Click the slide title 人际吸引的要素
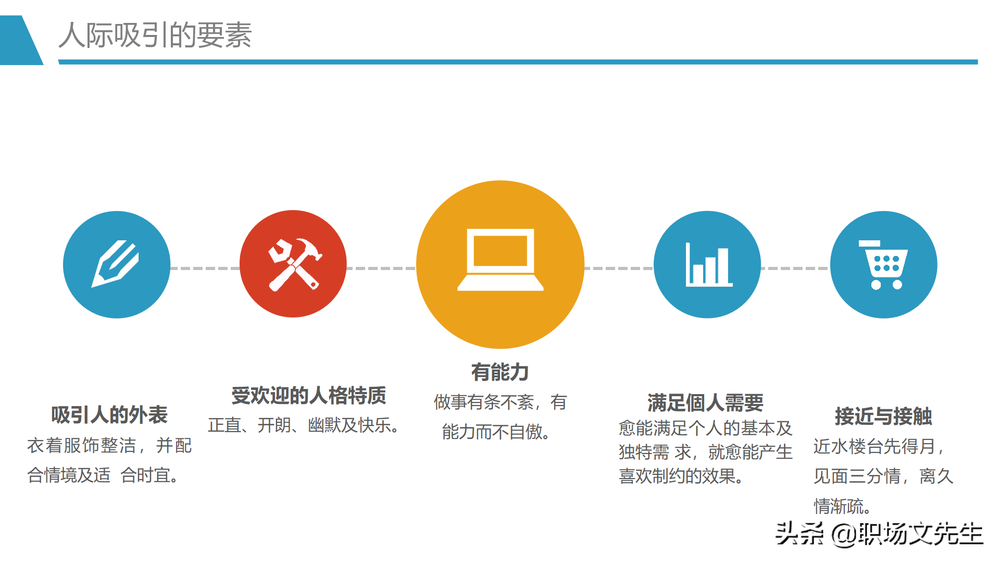tap(155, 35)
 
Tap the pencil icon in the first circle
tap(116, 264)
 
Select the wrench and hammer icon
tap(294, 264)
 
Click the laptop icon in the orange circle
tap(500, 260)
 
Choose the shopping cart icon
tap(884, 265)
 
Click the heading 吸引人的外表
tap(109, 415)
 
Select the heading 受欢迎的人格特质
tap(309, 396)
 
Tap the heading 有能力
tap(500, 372)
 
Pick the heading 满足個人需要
tap(705, 403)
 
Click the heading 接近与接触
tap(883, 416)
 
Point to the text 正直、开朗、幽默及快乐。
tap(304, 425)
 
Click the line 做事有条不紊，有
tap(500, 402)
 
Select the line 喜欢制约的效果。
tap(681, 476)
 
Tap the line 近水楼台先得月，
tap(879, 446)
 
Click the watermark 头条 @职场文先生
tap(879, 534)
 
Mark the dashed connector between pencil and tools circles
tap(205, 268)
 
